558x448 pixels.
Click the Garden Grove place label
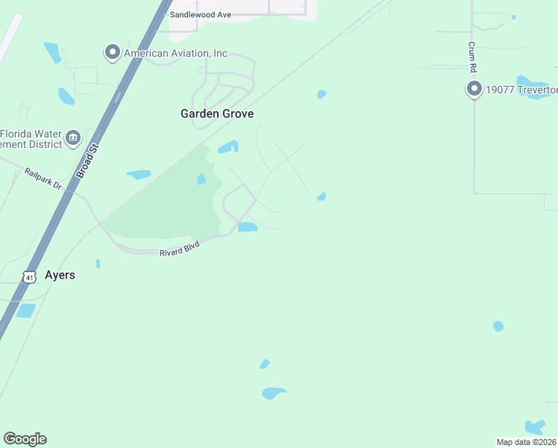tap(217, 114)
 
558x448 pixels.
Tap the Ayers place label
tap(60, 275)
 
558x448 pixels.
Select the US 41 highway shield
tap(29, 277)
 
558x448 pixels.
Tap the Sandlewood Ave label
tap(201, 15)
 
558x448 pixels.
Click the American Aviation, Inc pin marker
tap(113, 52)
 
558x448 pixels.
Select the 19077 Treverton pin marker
tap(474, 90)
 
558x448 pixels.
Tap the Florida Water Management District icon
tap(73, 137)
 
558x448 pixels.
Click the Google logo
tap(25, 439)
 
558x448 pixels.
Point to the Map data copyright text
tap(526, 441)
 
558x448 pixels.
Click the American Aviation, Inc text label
tap(175, 54)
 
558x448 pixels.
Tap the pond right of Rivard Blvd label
tap(248, 227)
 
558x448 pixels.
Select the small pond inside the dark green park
tap(201, 179)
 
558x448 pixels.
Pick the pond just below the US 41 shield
tap(26, 311)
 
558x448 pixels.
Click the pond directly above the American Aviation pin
tap(51, 52)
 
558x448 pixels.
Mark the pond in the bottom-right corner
tap(534, 427)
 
